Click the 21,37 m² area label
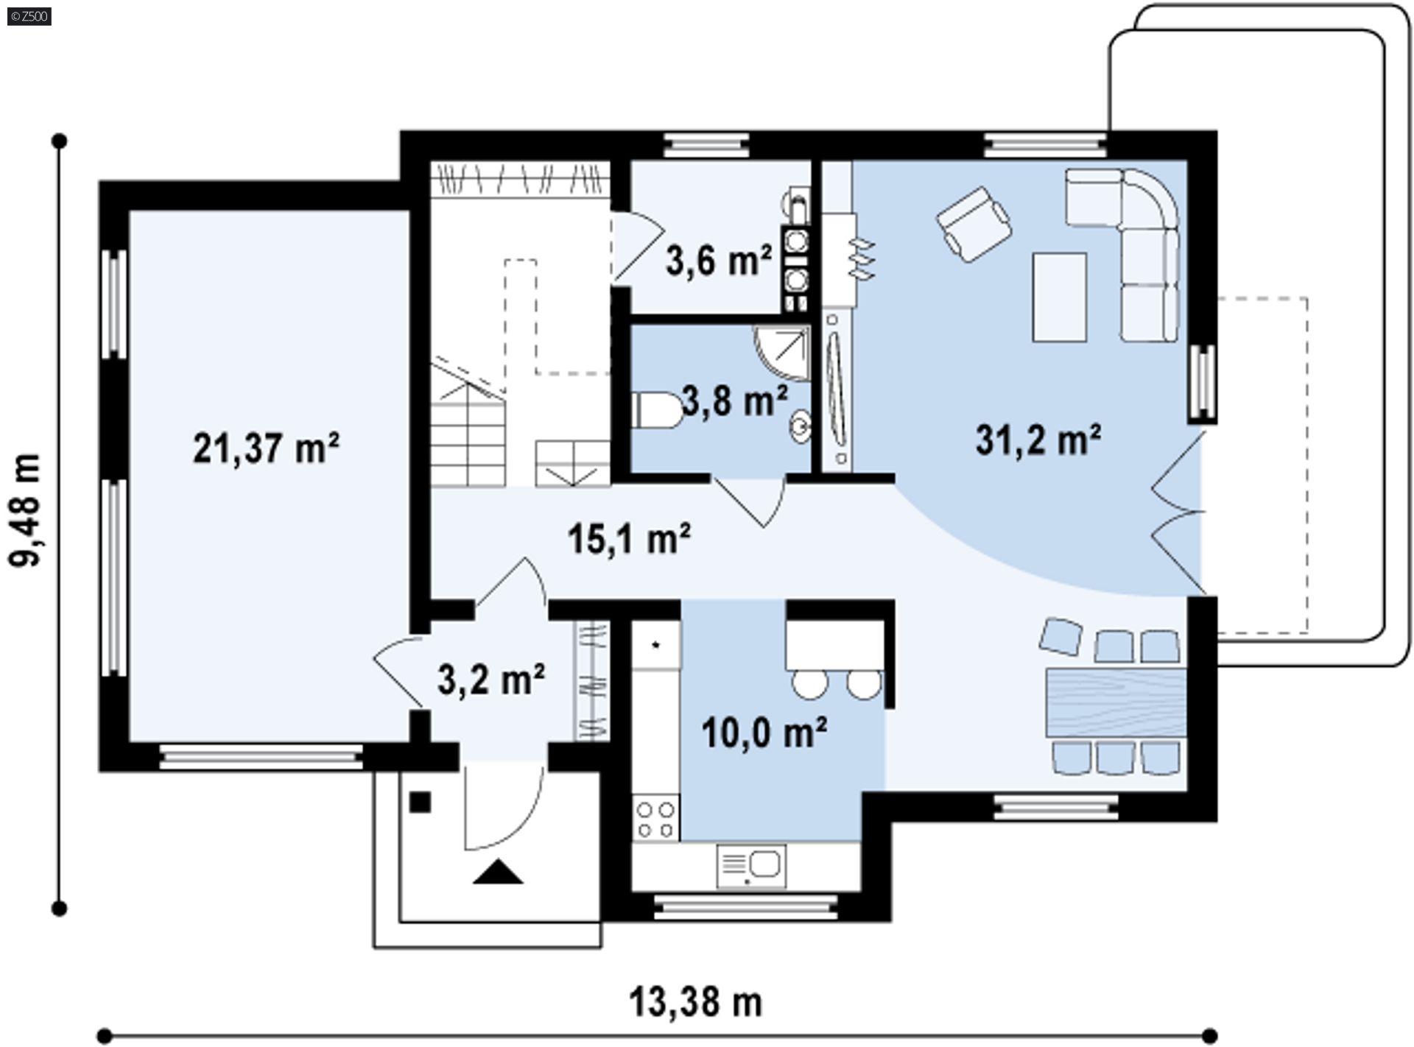coord(266,448)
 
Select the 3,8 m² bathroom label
coord(734,401)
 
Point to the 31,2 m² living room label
coord(1038,440)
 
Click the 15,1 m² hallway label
coord(629,538)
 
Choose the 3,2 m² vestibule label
coord(491,680)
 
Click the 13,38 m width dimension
coord(695,1002)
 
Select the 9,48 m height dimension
coord(24,510)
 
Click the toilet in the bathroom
coord(658,410)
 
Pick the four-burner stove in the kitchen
coord(655,819)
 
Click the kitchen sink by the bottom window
coord(751,866)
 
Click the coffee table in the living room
coord(1060,297)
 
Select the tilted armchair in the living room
coord(973,224)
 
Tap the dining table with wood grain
coord(1116,703)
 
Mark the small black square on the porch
coord(420,802)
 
